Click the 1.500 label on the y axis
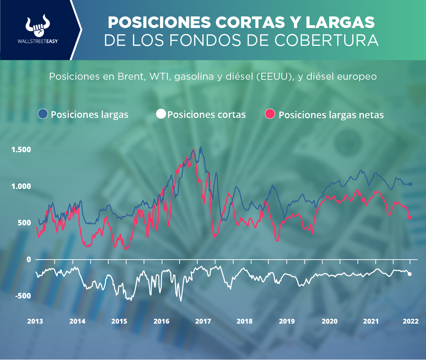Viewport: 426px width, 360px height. (x=22, y=150)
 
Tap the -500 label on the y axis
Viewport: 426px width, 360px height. (x=23, y=296)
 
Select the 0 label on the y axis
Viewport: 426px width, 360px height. (x=29, y=260)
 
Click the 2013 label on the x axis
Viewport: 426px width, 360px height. (x=35, y=322)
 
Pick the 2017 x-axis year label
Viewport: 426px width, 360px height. (x=202, y=322)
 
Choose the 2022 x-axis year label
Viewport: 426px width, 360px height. (x=411, y=322)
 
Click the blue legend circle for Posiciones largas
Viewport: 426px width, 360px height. (x=43, y=114)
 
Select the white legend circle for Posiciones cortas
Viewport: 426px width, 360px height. (x=161, y=114)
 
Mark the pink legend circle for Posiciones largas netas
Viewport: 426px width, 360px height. (x=270, y=114)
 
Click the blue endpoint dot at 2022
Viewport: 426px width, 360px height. (x=410, y=184)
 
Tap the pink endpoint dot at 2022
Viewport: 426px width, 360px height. (x=410, y=218)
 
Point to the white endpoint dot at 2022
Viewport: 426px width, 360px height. (x=410, y=274)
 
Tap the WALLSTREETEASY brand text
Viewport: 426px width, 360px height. (x=38, y=41)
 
